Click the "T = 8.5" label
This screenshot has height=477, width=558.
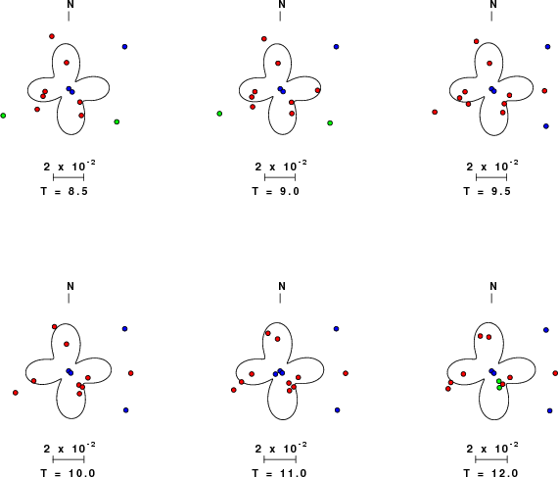click(65, 192)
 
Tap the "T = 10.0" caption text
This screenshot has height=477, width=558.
click(68, 473)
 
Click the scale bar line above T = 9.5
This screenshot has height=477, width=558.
click(491, 177)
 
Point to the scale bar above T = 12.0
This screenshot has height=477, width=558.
click(491, 459)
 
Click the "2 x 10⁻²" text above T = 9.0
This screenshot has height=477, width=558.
click(281, 166)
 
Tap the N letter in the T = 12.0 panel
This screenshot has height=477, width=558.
click(493, 286)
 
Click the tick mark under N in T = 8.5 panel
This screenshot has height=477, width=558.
click(69, 16)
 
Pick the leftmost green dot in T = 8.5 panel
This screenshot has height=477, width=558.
click(3, 116)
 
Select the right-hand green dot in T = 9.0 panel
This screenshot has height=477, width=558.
click(330, 123)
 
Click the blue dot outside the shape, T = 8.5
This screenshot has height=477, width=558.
click(124, 47)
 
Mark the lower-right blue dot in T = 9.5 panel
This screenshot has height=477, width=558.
click(546, 126)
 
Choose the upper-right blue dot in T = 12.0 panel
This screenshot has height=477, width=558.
click(546, 330)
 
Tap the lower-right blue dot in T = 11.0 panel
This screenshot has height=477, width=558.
click(338, 410)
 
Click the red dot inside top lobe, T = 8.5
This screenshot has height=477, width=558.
click(67, 63)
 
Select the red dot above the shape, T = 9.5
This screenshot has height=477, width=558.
click(477, 41)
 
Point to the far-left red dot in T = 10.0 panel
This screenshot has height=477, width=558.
click(16, 393)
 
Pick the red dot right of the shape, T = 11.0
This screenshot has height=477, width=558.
click(346, 373)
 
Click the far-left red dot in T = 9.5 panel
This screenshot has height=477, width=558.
click(435, 112)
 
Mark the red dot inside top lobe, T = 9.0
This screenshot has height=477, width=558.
click(278, 64)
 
